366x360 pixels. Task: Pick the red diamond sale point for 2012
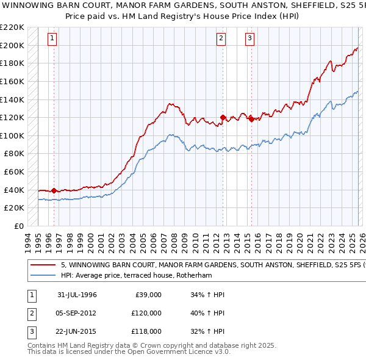click(x=223, y=117)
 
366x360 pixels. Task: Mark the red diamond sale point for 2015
click(x=251, y=119)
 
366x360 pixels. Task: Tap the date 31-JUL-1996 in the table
click(x=77, y=295)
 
